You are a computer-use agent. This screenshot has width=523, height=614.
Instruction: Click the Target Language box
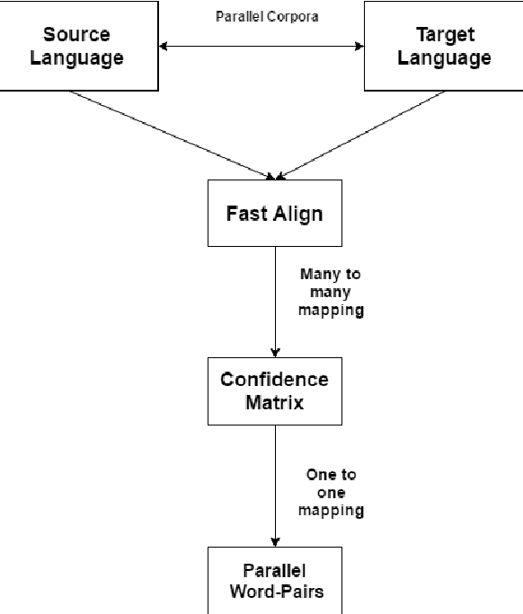(444, 47)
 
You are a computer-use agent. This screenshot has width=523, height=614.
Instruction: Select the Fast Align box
(274, 214)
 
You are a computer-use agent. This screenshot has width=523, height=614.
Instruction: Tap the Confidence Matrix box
(274, 390)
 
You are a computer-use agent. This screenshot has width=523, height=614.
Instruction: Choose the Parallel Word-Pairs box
(274, 580)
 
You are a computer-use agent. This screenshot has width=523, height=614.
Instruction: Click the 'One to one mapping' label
(330, 493)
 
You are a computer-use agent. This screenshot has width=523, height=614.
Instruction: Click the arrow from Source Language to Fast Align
(171, 133)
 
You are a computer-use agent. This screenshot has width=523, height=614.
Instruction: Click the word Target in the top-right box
(444, 35)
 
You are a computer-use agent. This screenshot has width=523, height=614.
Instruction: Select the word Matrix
(274, 402)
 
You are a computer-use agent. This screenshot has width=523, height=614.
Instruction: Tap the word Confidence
(274, 379)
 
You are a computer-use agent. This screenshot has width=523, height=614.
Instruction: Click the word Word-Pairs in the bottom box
(274, 592)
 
